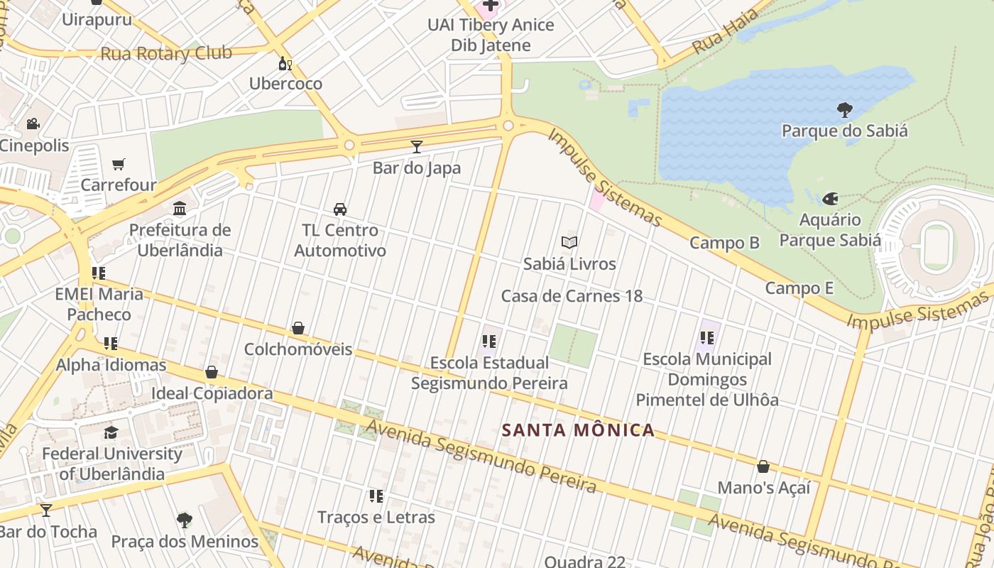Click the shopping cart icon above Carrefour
[x=119, y=165]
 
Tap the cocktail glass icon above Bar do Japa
[x=417, y=147]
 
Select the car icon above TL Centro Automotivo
[x=340, y=209]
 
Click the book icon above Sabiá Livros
[x=569, y=243]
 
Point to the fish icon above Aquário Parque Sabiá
[x=830, y=199]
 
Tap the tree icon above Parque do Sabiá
[x=845, y=110]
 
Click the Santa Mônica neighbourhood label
[x=578, y=430]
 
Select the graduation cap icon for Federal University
[x=111, y=432]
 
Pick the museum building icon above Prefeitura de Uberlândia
[x=180, y=209]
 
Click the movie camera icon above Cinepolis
[x=33, y=124]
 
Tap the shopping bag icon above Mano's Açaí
[x=763, y=466]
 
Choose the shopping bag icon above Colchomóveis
[x=298, y=328]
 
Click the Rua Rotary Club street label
[x=166, y=53]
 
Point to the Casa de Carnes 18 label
[x=572, y=296]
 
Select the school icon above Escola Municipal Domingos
[x=706, y=338]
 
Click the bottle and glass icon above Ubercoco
[x=285, y=63]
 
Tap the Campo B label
[x=724, y=243]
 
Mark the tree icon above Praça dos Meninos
[x=185, y=520]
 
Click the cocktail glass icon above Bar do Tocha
[x=46, y=510]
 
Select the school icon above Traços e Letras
[x=376, y=496]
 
